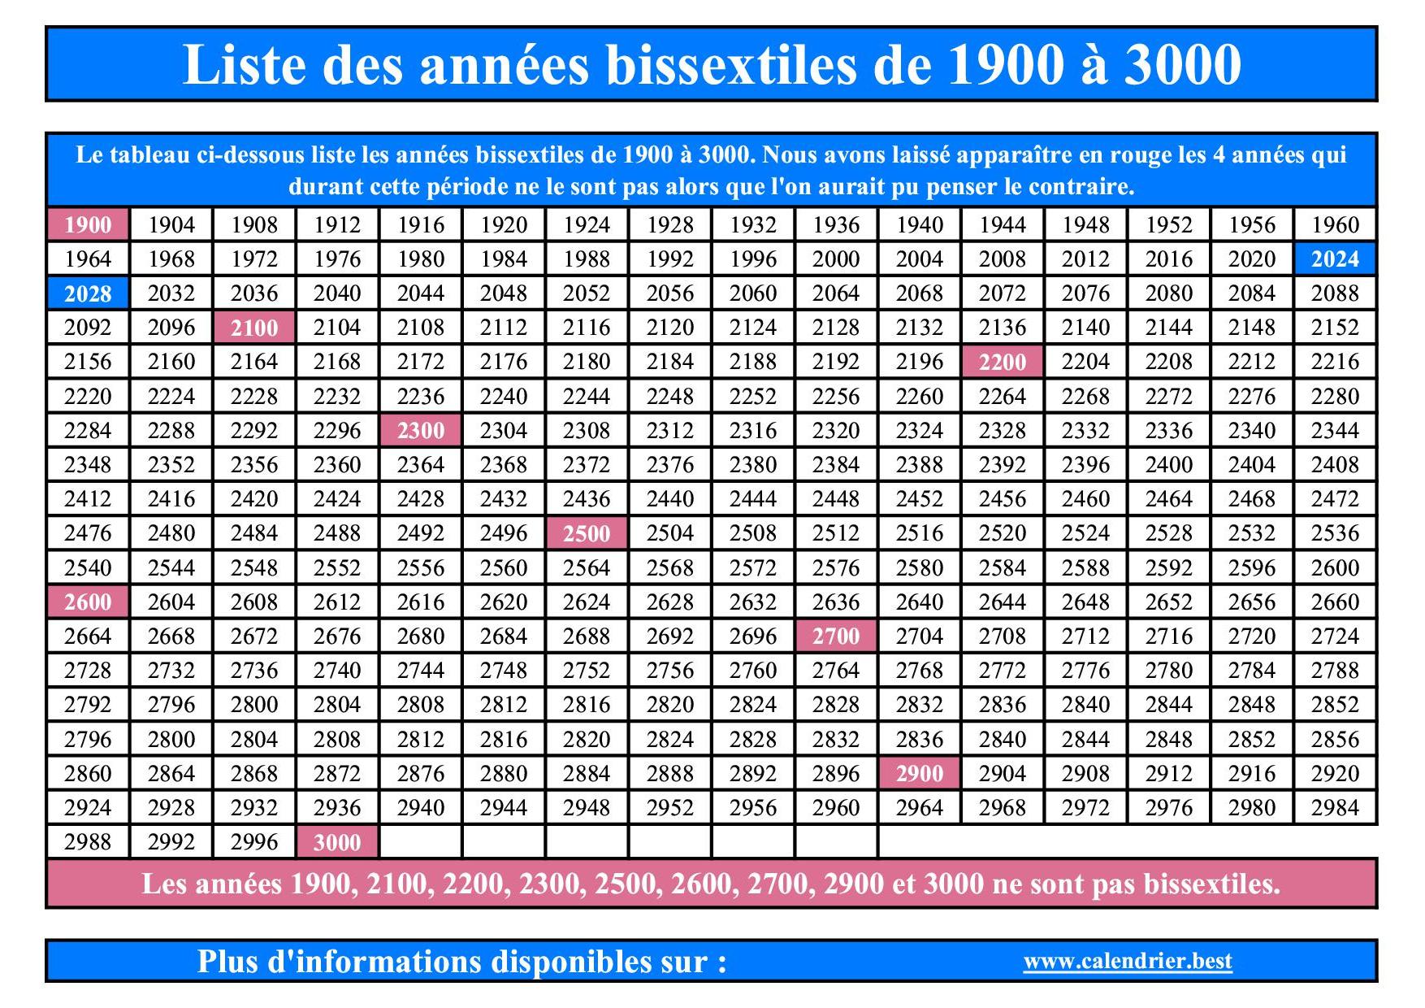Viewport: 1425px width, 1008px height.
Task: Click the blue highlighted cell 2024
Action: coord(1335,259)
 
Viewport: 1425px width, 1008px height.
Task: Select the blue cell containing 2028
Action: coord(88,293)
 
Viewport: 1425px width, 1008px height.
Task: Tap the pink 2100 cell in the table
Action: coord(254,328)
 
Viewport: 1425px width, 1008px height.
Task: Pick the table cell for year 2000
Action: coord(836,259)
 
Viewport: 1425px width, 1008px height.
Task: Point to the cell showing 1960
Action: coord(1335,225)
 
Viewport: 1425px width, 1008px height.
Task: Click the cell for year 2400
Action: coord(1168,465)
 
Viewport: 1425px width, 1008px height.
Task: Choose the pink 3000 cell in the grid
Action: coord(337,842)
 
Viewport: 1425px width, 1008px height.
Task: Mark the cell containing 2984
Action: coord(1335,808)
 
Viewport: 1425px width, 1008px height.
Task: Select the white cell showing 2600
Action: coord(1335,567)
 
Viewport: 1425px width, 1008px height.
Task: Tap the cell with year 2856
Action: coord(1335,739)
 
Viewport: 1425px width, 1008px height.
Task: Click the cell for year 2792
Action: coord(88,705)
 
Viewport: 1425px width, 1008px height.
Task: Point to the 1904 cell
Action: coord(171,225)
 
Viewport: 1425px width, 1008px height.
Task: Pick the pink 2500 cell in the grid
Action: coord(587,533)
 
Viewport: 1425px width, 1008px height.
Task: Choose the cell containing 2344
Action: coord(1335,431)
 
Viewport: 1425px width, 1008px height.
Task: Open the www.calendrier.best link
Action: coord(1128,962)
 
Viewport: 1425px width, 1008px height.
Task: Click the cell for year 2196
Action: coord(920,362)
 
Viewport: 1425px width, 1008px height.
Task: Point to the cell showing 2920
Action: coord(1335,774)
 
